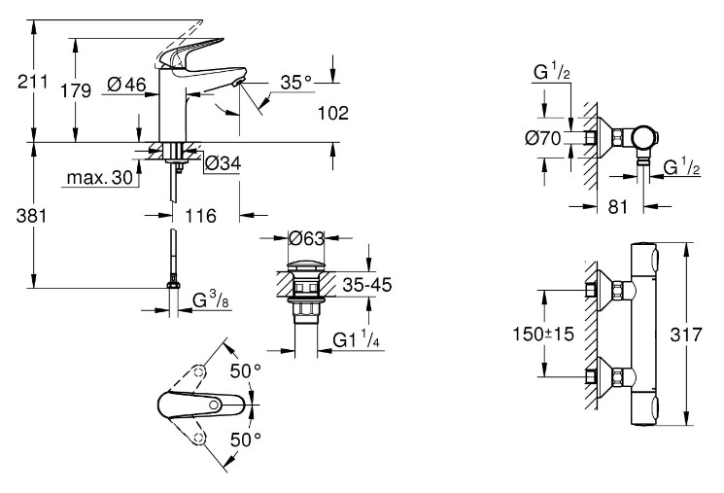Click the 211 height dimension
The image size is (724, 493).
coord(32,82)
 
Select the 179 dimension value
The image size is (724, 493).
coord(76,91)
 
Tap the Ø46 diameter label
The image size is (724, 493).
coord(126,85)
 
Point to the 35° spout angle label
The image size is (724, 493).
coord(296,83)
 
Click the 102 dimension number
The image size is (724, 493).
coord(333,113)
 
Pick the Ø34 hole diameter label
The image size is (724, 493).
coord(223,163)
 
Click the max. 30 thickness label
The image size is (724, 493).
coord(100,177)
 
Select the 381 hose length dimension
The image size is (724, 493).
coord(31,216)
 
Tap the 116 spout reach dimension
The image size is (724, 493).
coord(201,215)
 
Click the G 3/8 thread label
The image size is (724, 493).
coord(211,299)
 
